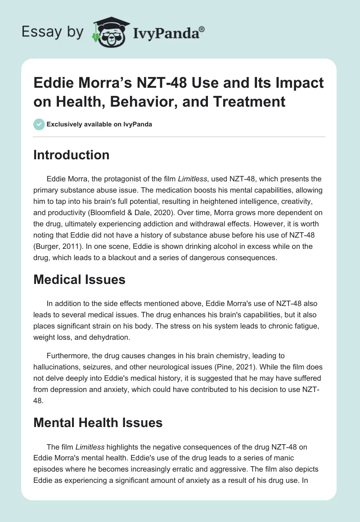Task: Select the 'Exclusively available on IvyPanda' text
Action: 99,124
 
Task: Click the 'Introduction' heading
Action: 72,155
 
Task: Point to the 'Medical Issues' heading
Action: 79,279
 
